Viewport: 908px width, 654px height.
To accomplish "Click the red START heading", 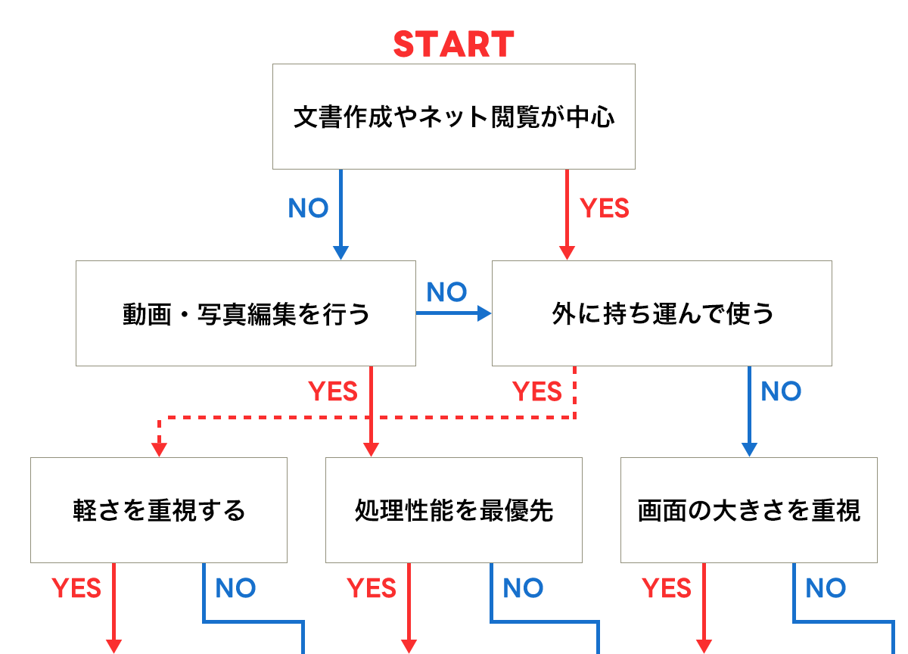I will click(454, 44).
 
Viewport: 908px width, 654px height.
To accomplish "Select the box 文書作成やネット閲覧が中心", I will click(454, 117).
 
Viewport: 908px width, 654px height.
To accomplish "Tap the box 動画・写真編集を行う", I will click(246, 313).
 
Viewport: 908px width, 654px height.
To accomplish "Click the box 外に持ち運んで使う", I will click(662, 313).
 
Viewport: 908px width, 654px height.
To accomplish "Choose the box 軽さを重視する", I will click(159, 510).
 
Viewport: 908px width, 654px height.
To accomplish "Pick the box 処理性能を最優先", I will click(454, 510).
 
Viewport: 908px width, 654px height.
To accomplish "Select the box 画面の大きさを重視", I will click(749, 510).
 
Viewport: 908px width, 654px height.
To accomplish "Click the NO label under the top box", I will click(309, 209).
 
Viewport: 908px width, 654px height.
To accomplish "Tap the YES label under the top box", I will click(604, 209).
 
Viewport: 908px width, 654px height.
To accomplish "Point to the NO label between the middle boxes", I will click(446, 292).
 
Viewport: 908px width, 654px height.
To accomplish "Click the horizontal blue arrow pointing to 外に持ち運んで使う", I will click(454, 313).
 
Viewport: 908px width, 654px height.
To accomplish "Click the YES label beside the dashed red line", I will click(537, 391).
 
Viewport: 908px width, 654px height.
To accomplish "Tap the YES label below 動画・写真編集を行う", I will click(333, 391).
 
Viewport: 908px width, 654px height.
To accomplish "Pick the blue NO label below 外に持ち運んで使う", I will click(781, 391).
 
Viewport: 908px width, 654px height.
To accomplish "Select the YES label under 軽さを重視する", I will click(76, 588).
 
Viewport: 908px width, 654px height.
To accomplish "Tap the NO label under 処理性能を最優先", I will click(523, 588).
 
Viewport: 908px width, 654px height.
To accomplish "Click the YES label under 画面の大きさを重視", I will click(667, 588).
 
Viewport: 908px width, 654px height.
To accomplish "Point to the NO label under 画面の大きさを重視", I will click(826, 588).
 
